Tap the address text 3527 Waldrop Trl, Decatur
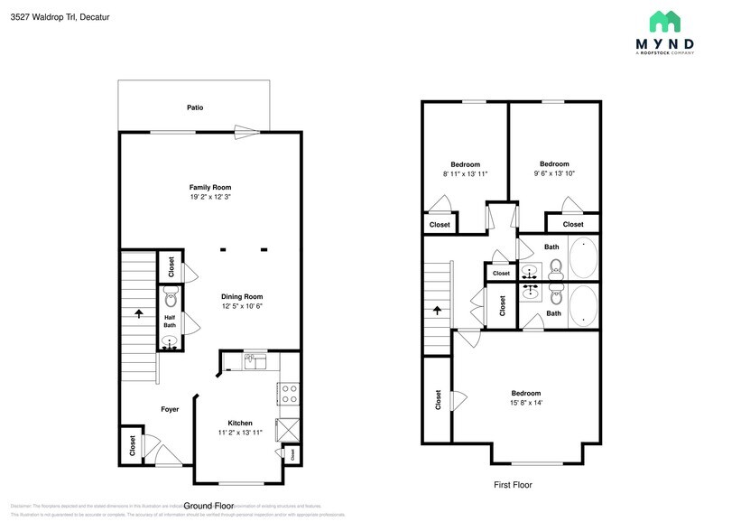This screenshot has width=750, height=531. [54, 15]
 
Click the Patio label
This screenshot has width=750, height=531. [195, 107]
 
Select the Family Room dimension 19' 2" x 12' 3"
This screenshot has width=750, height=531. [217, 197]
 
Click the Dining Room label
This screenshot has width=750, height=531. [242, 296]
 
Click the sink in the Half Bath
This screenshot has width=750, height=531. [169, 341]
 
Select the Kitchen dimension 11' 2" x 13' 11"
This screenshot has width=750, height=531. [240, 433]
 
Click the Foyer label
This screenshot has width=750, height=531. [170, 409]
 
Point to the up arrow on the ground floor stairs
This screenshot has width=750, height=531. [139, 313]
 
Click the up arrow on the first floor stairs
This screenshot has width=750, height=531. [439, 309]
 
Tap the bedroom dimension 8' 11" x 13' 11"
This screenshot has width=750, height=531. [465, 173]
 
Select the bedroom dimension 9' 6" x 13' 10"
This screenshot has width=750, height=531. [554, 173]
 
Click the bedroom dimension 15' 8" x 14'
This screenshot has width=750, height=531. [525, 403]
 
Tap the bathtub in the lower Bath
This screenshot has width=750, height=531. [583, 304]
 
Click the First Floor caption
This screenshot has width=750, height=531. [512, 485]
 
